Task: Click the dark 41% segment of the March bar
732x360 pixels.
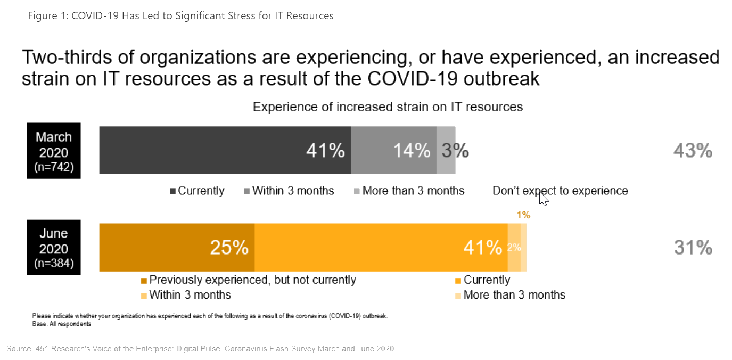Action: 225,150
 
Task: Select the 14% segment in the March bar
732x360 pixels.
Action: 393,150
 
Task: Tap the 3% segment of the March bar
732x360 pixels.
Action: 446,150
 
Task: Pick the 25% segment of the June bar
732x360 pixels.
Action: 177,248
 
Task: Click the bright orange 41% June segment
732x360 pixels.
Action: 381,248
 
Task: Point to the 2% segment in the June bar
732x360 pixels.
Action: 514,248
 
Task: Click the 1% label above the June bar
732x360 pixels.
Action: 523,215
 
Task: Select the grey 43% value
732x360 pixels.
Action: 693,151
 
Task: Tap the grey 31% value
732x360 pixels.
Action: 693,248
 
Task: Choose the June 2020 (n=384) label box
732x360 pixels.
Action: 54,248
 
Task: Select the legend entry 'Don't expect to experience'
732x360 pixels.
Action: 560,191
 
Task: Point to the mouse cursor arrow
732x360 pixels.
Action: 543,199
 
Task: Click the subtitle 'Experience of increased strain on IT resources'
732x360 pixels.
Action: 388,107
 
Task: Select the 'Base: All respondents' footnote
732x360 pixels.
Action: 62,324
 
